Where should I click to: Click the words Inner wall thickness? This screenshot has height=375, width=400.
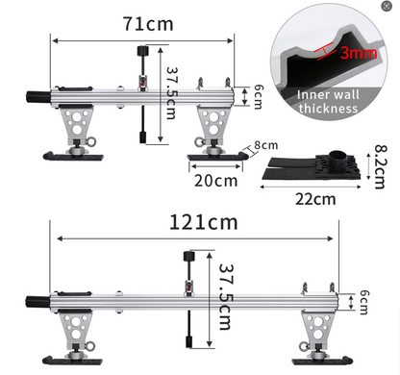click(329, 101)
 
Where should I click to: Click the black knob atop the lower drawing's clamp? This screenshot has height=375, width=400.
click(190, 256)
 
